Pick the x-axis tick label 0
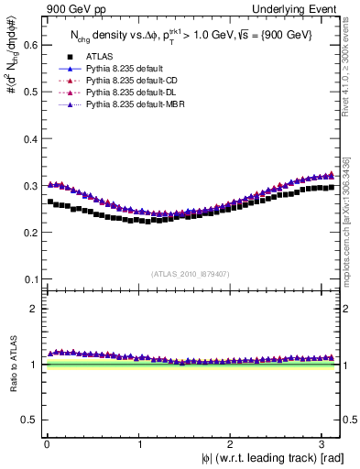47,444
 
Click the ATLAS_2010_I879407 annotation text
191,272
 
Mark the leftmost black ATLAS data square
50,202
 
